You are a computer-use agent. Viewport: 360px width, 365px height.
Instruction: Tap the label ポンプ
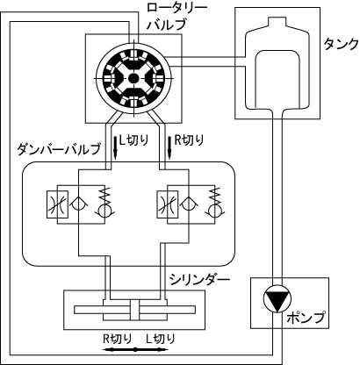click(306, 318)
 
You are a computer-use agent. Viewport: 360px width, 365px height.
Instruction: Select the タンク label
click(341, 45)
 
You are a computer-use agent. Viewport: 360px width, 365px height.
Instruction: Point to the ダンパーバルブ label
click(59, 149)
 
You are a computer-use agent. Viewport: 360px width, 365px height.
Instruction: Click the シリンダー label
click(199, 280)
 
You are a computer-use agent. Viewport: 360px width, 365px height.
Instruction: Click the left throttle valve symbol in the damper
click(58, 204)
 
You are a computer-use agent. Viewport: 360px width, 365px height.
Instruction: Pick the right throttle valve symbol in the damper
click(168, 204)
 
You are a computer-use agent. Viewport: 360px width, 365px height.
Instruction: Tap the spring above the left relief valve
click(103, 197)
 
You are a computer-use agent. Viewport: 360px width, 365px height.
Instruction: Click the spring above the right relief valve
click(214, 197)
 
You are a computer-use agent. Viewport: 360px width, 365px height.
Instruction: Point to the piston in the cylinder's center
click(135, 310)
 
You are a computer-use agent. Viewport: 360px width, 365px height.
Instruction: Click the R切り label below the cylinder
click(118, 339)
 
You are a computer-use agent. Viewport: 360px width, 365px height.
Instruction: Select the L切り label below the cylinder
click(161, 339)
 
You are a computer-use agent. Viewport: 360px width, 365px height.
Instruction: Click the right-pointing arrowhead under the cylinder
click(160, 349)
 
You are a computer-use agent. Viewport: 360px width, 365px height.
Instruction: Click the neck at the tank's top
click(277, 22)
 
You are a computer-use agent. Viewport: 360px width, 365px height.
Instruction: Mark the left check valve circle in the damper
click(76, 204)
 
